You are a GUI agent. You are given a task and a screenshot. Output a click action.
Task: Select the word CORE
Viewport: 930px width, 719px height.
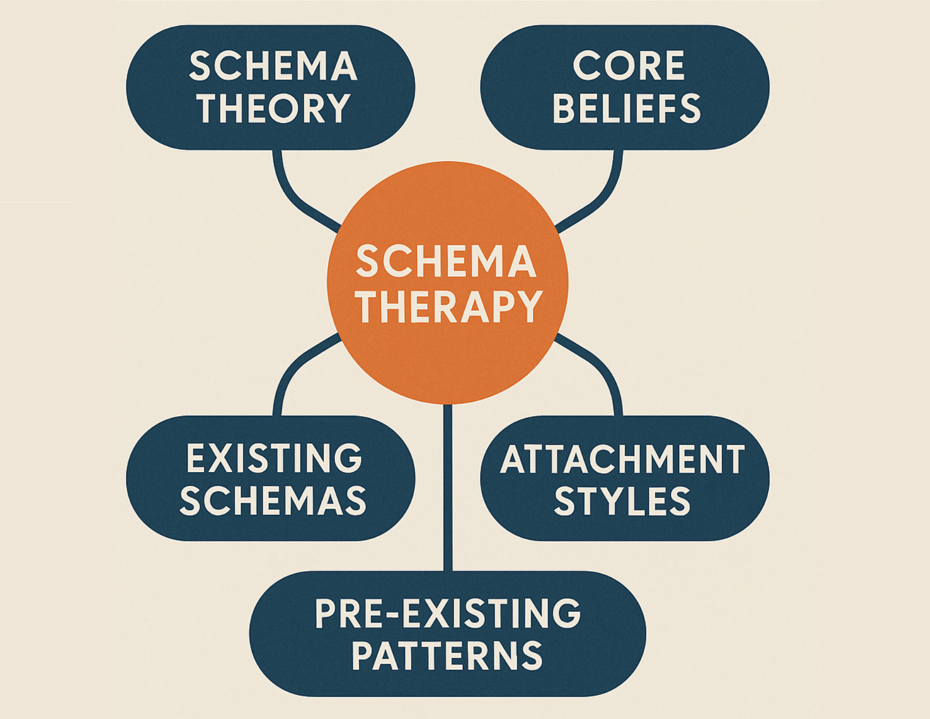628,66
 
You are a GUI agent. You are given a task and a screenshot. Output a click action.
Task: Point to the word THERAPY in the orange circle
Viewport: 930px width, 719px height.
449,307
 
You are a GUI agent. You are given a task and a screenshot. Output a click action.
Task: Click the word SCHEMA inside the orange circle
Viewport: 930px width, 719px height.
446,262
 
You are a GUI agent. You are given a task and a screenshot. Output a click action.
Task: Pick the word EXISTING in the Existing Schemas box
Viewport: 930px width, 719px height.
274,458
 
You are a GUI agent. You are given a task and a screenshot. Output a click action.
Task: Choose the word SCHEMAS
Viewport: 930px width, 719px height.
273,501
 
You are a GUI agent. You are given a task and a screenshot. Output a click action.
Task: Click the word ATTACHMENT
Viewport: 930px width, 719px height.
622,459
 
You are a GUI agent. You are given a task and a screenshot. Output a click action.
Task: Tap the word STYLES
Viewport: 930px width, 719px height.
622,501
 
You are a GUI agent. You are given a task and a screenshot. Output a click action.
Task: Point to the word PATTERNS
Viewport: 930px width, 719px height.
447,655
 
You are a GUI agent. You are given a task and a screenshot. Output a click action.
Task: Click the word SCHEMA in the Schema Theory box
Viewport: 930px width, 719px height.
273,66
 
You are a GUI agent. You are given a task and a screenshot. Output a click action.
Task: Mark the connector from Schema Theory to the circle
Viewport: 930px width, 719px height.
293,197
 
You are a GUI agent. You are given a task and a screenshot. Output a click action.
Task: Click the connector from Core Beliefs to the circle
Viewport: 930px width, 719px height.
603,197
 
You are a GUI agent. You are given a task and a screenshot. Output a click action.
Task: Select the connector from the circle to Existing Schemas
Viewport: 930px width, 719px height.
293,367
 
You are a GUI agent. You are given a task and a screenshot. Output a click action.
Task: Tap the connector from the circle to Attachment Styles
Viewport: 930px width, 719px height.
603,367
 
